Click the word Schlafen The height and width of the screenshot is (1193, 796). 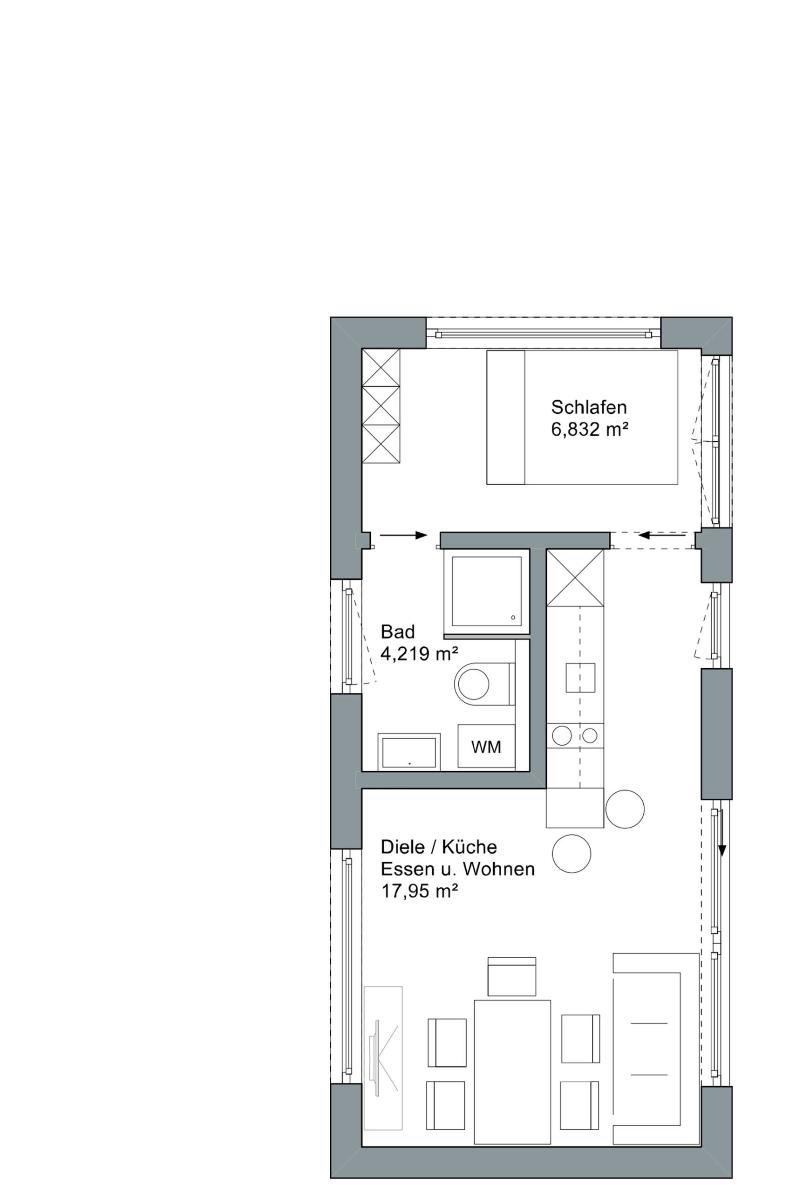click(x=589, y=407)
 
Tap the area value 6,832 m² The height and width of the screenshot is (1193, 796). click(x=590, y=430)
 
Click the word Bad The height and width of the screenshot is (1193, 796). click(x=398, y=632)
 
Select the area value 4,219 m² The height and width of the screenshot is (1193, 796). click(x=419, y=654)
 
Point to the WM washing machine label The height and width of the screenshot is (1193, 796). click(x=486, y=747)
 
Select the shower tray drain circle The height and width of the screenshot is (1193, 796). click(x=513, y=617)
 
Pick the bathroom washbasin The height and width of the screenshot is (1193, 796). click(x=408, y=752)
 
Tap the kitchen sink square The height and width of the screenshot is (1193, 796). click(x=581, y=678)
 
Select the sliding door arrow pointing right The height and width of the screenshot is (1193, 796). click(x=403, y=535)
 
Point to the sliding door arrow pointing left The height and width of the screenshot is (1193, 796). click(x=662, y=535)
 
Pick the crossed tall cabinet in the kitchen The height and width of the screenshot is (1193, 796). click(x=575, y=578)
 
